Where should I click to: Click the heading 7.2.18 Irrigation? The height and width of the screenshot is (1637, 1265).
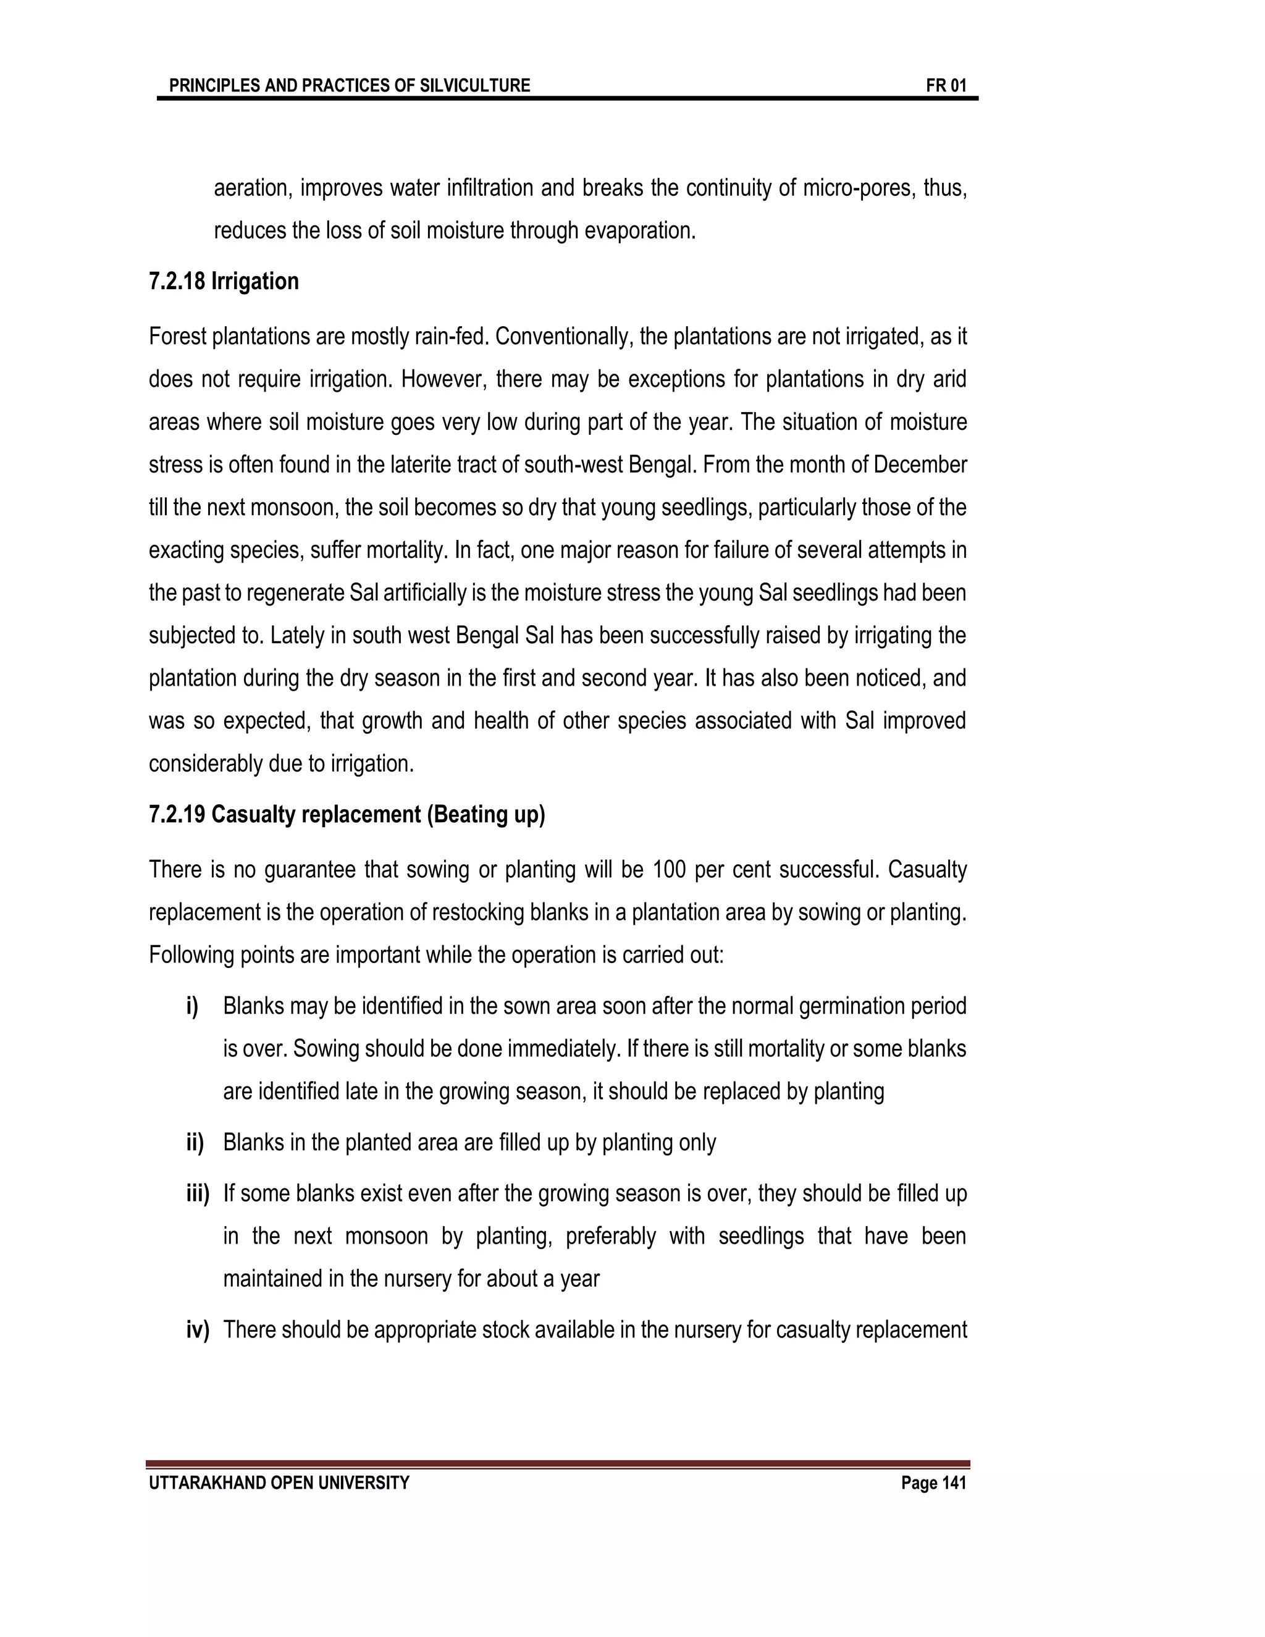click(224, 281)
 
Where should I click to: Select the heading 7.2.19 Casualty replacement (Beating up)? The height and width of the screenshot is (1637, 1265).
click(347, 814)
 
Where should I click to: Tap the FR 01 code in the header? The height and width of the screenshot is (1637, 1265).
click(946, 85)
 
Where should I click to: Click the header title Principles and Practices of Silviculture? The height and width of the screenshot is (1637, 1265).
click(349, 85)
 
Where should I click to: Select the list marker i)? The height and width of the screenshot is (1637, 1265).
click(193, 1006)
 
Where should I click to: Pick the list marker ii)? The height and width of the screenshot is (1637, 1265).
click(195, 1142)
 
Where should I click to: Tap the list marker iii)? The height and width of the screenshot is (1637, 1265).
click(198, 1193)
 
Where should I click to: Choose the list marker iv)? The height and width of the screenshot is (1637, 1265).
click(198, 1330)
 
